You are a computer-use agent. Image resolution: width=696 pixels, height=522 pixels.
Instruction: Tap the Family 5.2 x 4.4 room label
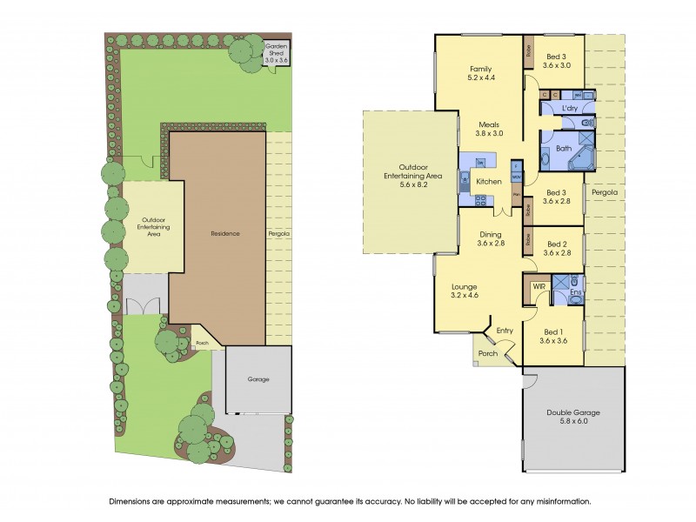(x=481, y=74)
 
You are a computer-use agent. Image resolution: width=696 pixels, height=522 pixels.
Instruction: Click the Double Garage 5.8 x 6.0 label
(x=572, y=418)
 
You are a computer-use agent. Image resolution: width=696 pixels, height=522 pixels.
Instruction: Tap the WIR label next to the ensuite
(x=539, y=285)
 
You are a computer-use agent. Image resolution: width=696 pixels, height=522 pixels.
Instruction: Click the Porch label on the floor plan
(x=488, y=353)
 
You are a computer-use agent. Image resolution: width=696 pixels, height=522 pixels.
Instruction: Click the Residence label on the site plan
(x=225, y=233)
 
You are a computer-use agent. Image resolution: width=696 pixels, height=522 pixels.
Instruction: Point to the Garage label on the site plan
(x=258, y=379)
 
